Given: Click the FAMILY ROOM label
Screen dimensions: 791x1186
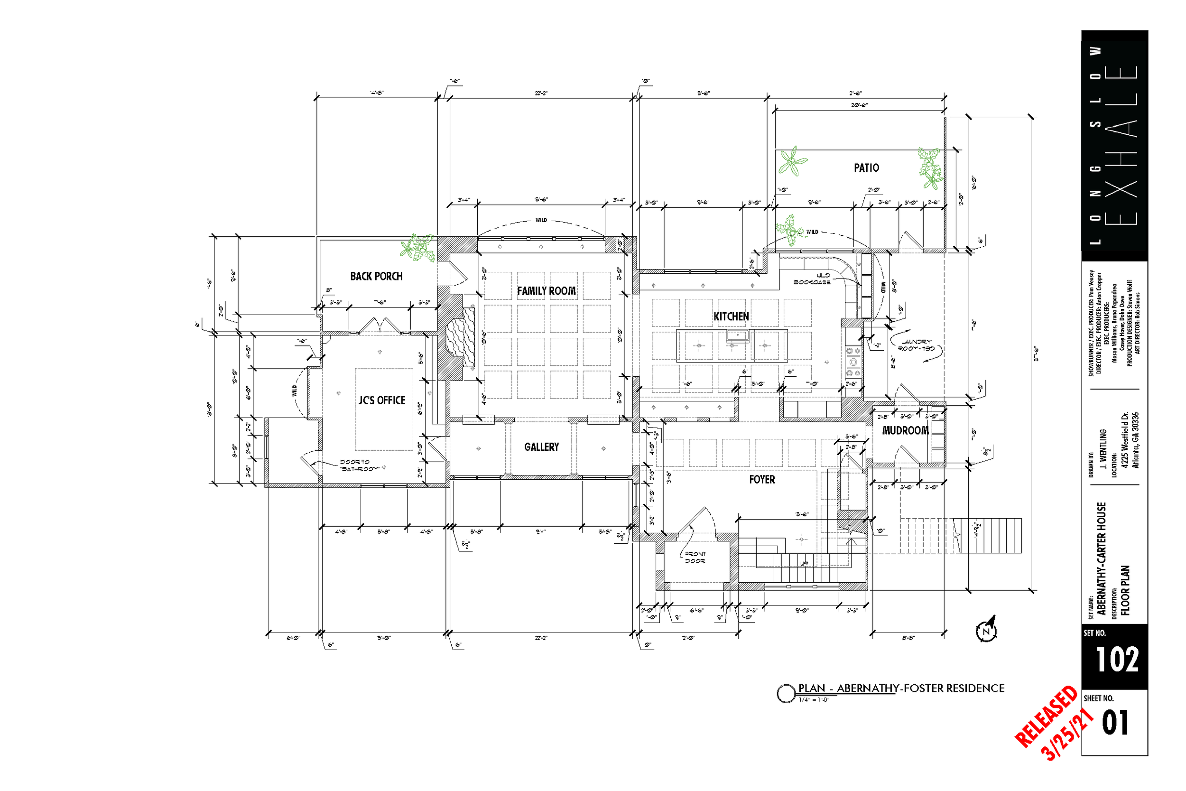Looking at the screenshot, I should tap(546, 291).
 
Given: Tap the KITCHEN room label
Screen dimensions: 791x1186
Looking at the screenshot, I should tap(731, 317).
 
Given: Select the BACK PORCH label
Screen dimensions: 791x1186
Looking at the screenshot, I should tap(376, 277).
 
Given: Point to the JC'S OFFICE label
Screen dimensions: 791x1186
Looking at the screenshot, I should tap(382, 400).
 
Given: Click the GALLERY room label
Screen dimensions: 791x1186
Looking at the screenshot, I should tap(541, 447).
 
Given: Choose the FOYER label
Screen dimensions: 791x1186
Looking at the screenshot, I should tap(761, 480).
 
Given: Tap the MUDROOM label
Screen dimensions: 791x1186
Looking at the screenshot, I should tap(905, 431).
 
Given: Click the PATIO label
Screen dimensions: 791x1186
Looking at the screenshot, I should tap(866, 168).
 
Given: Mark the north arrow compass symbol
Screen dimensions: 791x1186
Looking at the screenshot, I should tap(986, 630).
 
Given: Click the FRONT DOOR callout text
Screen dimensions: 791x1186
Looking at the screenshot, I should tap(695, 558).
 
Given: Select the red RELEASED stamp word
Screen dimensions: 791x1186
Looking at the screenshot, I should tap(1046, 717).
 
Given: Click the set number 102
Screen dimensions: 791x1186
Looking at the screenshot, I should tap(1116, 660).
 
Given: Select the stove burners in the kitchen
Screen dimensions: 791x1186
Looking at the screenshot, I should tap(853, 362).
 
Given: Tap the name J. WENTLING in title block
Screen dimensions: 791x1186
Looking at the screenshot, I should tap(1103, 448).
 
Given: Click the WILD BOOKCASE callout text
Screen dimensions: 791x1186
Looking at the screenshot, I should tap(812, 279).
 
